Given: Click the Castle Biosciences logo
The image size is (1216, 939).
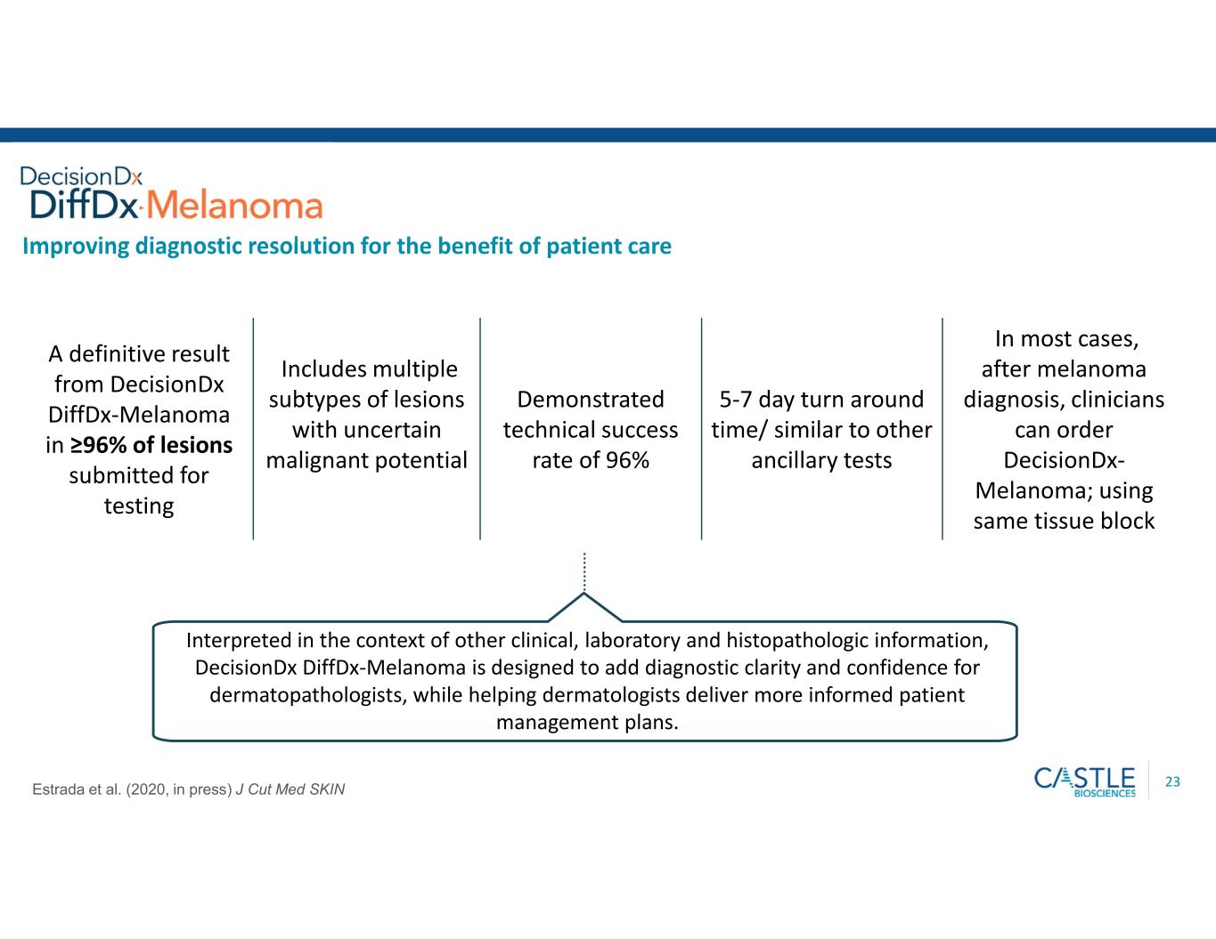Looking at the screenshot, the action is point(1084,781).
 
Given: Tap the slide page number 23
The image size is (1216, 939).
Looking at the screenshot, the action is point(1172,781).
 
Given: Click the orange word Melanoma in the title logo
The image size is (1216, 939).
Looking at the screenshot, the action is point(235,205).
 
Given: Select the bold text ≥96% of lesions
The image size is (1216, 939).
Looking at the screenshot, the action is point(151,445).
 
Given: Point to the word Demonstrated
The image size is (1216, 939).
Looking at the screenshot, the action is point(591,399).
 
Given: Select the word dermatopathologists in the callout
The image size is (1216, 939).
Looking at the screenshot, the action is point(307,695).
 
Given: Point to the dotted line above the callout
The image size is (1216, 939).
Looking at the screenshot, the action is point(584,571).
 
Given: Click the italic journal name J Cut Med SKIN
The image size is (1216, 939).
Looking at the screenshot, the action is point(290,789).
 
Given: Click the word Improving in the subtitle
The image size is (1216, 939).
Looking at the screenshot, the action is point(76,247).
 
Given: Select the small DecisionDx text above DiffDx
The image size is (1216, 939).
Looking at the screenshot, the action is point(81,176).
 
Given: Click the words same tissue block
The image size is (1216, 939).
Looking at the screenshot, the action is point(1064,521).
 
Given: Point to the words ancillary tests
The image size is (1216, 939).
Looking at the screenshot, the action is point(821,460).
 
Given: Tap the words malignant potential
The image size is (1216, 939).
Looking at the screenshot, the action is point(366,460).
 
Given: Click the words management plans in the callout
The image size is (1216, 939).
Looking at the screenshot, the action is point(587,723).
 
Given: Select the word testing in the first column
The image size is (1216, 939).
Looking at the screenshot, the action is point(139,506).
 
